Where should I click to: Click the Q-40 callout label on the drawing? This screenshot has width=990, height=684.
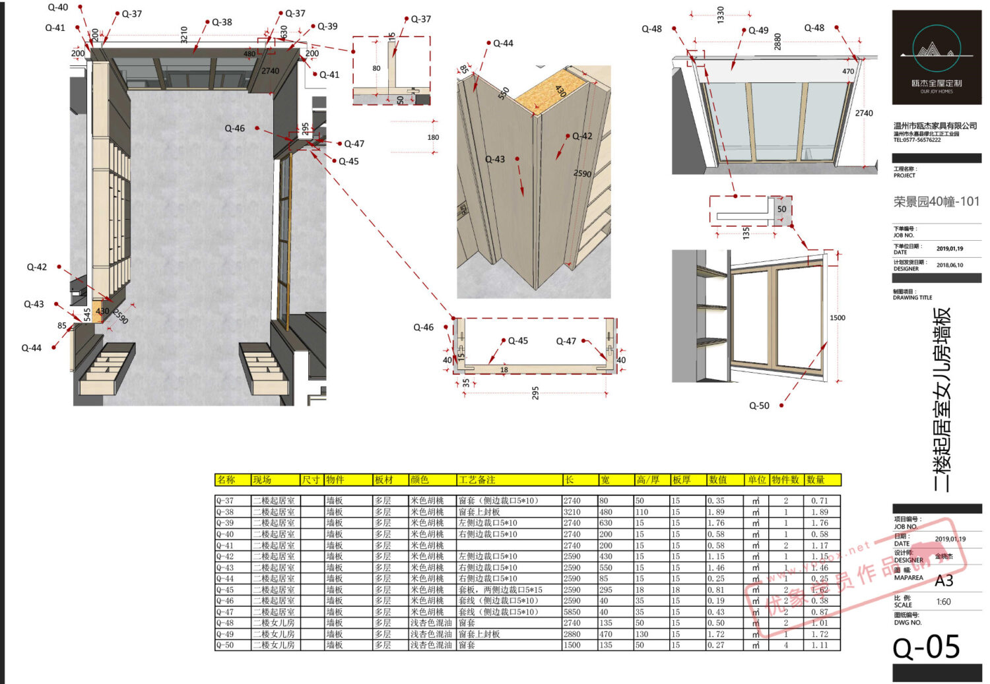(x=57, y=7)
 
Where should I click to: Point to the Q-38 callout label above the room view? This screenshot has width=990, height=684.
(x=222, y=22)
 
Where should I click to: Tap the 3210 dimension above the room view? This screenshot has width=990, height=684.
(x=184, y=34)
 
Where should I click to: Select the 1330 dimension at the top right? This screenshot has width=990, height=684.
(x=720, y=14)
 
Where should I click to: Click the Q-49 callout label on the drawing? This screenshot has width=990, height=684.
(x=758, y=30)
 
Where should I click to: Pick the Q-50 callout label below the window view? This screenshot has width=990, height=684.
(x=759, y=406)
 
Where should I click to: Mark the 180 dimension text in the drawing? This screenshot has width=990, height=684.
(x=433, y=137)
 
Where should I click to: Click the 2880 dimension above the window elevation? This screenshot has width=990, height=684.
(x=777, y=41)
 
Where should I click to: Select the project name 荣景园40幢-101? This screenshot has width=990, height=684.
(x=937, y=202)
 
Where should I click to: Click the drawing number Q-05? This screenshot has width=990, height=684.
(x=926, y=647)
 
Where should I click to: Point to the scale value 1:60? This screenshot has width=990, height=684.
(x=943, y=602)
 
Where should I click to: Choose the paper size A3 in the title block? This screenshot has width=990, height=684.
(x=944, y=580)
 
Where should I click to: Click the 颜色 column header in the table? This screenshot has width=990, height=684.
(x=420, y=480)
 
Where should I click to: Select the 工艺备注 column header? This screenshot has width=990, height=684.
(x=477, y=480)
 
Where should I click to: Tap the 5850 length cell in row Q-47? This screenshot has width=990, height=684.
(x=572, y=612)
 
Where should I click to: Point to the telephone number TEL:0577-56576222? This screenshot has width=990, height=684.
(x=917, y=140)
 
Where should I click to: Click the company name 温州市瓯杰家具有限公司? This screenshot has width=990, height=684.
(x=935, y=125)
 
